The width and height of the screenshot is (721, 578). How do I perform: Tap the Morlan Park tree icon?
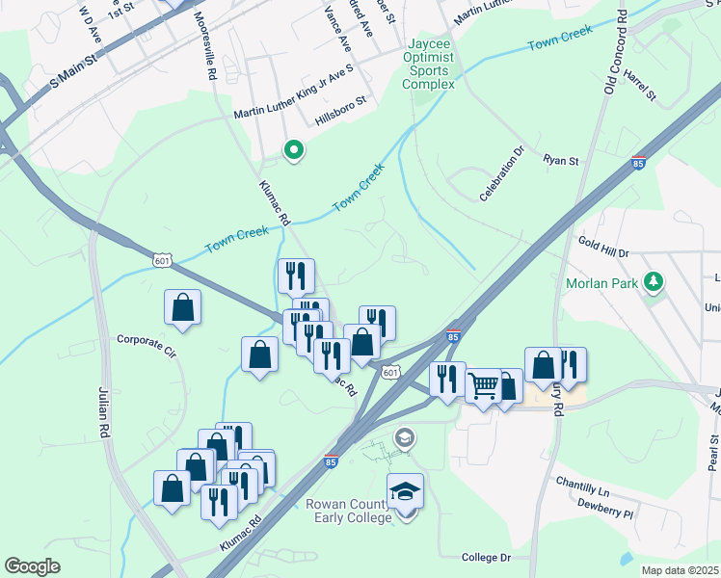click(x=655, y=280)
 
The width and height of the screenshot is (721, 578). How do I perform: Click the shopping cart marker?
click(x=483, y=386)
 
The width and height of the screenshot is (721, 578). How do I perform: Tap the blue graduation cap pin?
click(x=406, y=492)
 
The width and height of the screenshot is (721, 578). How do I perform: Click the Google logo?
click(x=32, y=566)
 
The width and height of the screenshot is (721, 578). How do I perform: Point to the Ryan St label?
click(x=560, y=159)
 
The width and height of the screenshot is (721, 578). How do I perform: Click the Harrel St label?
click(x=639, y=84)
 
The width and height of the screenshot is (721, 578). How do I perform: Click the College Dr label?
click(x=485, y=558)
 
